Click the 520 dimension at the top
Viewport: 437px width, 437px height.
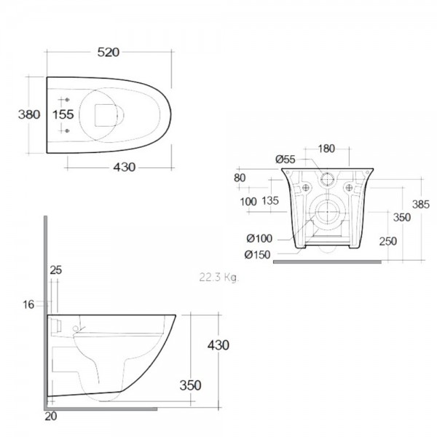[108, 52]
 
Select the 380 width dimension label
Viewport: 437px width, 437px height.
[29, 114]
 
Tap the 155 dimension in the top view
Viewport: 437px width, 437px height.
[63, 114]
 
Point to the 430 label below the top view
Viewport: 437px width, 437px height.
[125, 168]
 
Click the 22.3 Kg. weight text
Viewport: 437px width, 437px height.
[219, 277]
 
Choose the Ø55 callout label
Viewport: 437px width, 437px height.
[285, 160]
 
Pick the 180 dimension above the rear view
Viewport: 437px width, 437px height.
[326, 149]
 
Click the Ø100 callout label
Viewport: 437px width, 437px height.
[259, 238]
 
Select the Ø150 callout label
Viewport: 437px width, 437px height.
[257, 254]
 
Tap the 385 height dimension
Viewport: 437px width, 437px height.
[421, 205]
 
